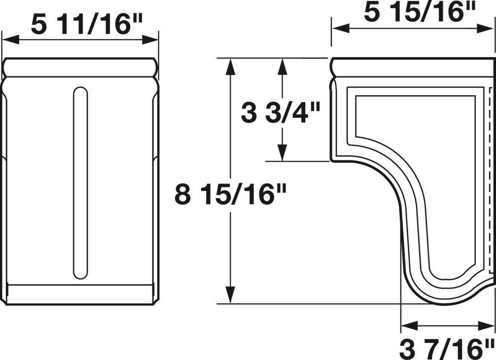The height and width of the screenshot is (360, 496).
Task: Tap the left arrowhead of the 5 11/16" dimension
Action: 10,40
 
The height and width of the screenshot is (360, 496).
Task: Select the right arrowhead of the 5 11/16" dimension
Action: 150,40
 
